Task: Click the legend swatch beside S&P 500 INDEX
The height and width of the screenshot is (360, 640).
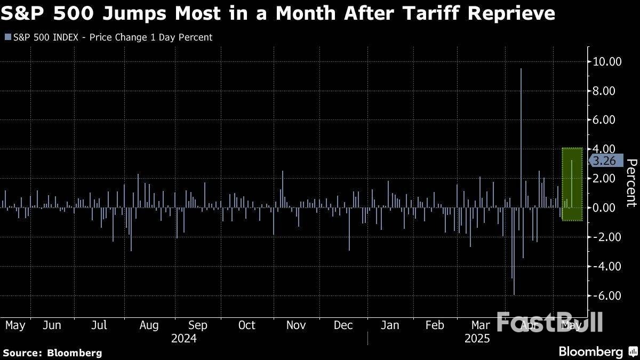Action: click(7, 37)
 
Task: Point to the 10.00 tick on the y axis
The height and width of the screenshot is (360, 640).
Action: click(607, 61)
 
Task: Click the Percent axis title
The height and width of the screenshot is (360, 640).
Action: click(631, 182)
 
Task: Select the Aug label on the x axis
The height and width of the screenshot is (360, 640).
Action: click(149, 325)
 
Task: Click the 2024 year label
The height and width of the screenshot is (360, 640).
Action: click(183, 339)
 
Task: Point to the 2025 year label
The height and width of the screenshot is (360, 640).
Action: click(477, 339)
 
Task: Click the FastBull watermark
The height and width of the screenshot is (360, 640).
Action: click(549, 322)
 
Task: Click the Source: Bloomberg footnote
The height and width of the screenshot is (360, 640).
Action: click(52, 353)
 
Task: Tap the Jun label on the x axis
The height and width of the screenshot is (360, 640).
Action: click(51, 325)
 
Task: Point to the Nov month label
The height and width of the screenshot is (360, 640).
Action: click(295, 325)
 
